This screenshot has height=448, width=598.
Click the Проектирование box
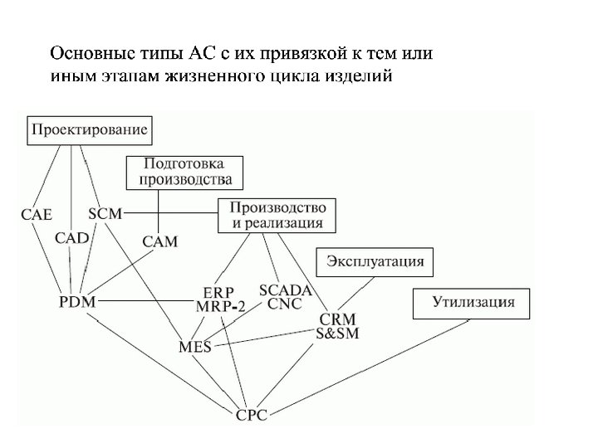90,129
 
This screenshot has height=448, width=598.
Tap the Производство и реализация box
277,215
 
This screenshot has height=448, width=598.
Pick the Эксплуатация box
375,262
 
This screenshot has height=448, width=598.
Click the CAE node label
37,215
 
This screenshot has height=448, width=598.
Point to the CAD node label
72,238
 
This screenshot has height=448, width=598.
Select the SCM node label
105,214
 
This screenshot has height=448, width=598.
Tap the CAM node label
159,241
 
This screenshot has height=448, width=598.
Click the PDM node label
77,301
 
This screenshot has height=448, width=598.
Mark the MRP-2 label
221,307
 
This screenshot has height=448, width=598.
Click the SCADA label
285,290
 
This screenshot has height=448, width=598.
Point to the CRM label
337,319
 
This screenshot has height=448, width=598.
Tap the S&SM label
337,333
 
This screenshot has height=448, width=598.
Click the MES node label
195,346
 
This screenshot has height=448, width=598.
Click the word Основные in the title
88,55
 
